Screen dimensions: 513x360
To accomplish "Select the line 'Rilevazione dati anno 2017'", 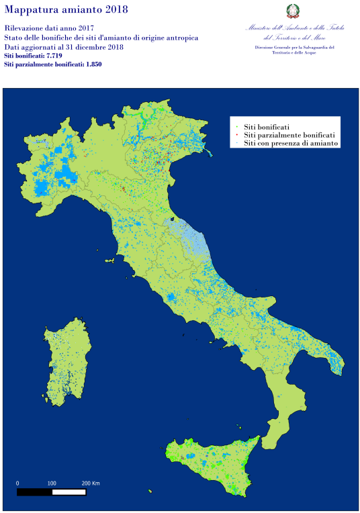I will click(x=48, y=28).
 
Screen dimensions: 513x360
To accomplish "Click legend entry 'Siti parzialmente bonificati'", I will click(x=289, y=135).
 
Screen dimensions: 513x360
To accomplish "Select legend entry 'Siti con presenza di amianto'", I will click(x=290, y=143).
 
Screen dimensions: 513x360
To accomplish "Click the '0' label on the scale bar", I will click(x=17, y=483).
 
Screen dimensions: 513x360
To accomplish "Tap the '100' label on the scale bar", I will click(x=52, y=483).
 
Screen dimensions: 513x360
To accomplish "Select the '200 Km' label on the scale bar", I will click(x=90, y=483).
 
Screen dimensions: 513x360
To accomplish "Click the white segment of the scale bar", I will click(x=69, y=492).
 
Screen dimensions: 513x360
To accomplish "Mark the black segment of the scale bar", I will click(x=34, y=492).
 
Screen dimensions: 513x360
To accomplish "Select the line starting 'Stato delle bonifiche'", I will click(x=101, y=38).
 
